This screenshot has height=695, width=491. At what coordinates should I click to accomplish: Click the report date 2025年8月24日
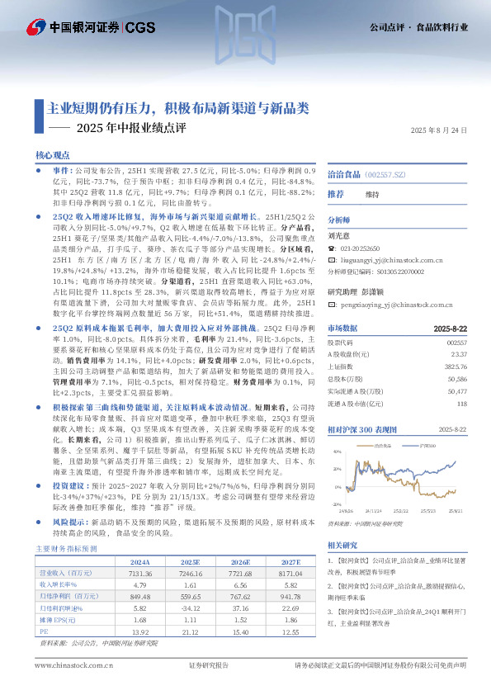(440, 130)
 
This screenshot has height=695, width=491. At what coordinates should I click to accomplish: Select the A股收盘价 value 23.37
(457, 353)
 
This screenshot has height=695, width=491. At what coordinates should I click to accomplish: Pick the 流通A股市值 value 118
(461, 403)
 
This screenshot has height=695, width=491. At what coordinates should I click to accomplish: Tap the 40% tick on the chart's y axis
(338, 452)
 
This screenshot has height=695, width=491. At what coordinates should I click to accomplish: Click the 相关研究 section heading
(342, 545)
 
